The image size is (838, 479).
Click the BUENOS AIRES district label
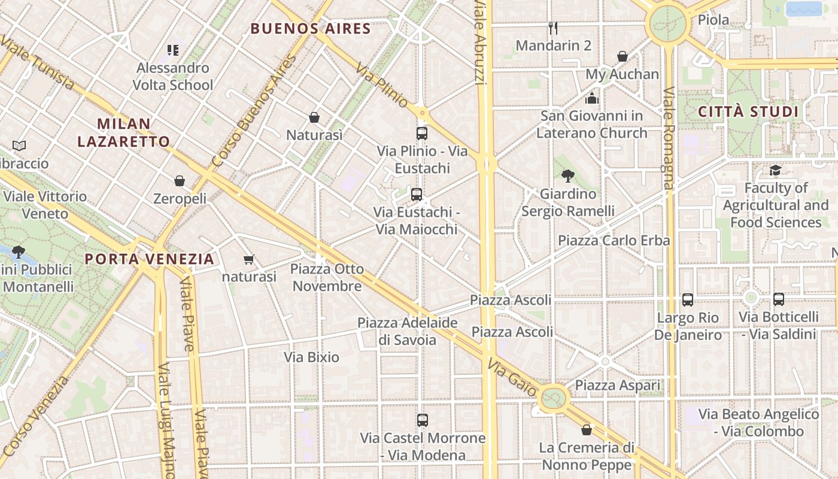point(311,28)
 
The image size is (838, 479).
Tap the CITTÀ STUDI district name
point(748,112)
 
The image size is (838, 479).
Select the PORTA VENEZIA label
point(149,259)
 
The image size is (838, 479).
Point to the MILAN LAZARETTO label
point(124,132)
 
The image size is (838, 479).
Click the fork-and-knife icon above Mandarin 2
point(553,28)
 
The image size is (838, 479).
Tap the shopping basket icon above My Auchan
point(623,56)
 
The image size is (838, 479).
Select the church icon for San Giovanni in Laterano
point(592,98)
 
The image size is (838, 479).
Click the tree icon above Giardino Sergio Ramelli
point(567,176)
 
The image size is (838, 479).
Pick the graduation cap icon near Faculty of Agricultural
point(775,171)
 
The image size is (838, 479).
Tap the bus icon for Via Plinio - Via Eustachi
point(422,133)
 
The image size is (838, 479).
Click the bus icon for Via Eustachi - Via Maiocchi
point(417,194)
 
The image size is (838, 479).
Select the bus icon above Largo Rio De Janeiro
point(688,299)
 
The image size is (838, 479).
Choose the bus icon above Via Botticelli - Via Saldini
point(779,299)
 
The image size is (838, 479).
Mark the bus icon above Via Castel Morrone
point(423,420)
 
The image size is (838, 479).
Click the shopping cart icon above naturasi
point(249,259)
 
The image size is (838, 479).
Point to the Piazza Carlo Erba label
point(614,240)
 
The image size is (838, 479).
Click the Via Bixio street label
point(311,357)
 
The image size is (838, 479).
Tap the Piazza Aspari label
point(617,386)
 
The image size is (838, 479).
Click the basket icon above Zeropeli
point(180,181)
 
